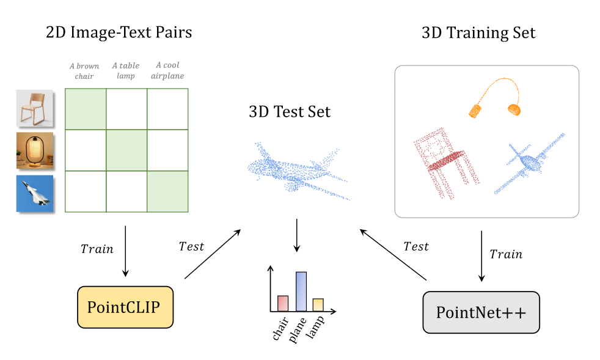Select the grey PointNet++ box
(481, 312)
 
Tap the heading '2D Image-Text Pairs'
(119, 32)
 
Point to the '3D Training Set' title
(478, 33)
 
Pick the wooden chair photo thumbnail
(34, 109)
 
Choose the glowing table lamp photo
(34, 150)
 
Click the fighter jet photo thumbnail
(34, 193)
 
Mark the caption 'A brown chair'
(84, 71)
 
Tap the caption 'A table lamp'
(125, 71)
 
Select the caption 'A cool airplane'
(167, 70)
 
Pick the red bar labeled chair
(282, 303)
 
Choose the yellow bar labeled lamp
(318, 304)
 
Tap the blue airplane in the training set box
(528, 162)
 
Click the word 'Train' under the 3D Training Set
(506, 254)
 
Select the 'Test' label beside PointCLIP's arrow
(191, 246)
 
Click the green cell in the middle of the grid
(126, 150)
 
